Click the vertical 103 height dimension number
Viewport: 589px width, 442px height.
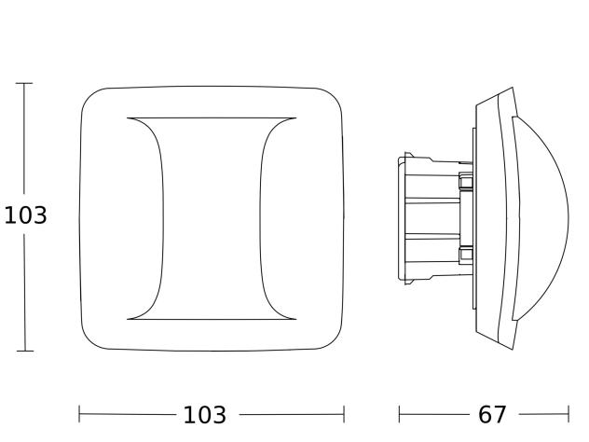click(25, 215)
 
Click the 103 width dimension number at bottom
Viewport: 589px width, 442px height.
click(205, 415)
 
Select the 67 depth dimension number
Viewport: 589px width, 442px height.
click(492, 415)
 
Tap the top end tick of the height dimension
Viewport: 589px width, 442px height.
click(24, 83)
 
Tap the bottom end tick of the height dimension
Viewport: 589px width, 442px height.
click(25, 351)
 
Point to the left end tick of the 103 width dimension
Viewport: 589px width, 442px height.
click(79, 414)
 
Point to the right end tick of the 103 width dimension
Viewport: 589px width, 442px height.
click(344, 414)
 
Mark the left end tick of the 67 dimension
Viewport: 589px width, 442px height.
click(399, 414)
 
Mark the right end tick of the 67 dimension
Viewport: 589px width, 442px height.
click(568, 414)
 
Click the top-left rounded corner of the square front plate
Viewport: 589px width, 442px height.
click(89, 96)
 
